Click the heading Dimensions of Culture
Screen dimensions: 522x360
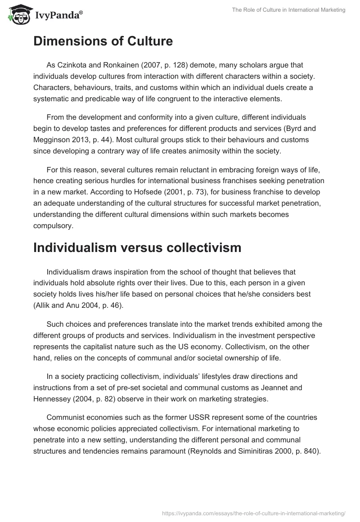pos(103,41)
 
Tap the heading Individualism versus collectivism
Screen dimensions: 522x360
pos(137,247)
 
